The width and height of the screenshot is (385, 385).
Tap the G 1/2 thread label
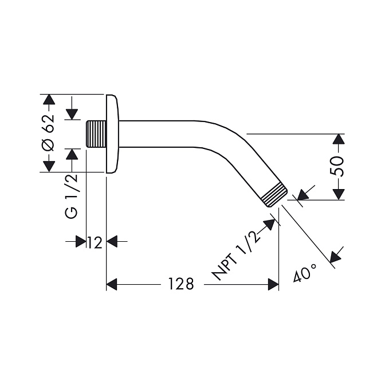[72, 196]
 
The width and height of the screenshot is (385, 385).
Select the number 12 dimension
[95, 243]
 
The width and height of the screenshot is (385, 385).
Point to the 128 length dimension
[181, 284]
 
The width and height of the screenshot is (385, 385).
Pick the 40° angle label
[305, 273]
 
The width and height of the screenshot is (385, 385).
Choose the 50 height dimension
[337, 167]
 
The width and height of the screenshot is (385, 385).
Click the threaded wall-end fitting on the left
[96, 134]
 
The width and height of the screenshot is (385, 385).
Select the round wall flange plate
[112, 133]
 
